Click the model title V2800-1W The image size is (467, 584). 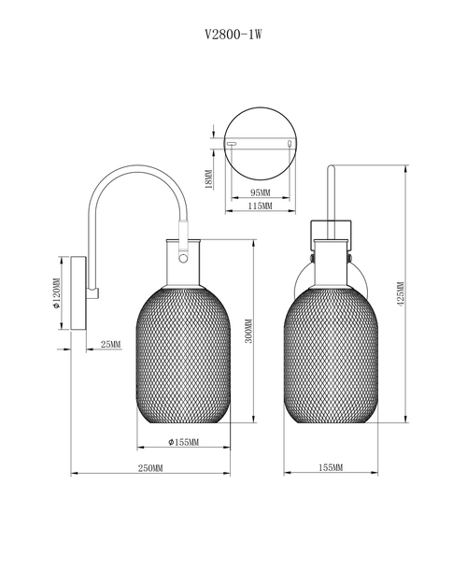click(233, 35)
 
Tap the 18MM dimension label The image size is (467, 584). click(209, 179)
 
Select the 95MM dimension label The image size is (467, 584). click(260, 192)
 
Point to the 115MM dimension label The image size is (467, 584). click(260, 206)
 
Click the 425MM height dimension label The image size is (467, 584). click(401, 293)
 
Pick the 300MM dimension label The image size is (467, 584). click(248, 331)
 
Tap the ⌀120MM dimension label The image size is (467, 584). click(56, 293)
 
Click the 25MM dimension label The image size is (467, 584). click(110, 344)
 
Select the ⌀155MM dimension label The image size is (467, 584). click(184, 442)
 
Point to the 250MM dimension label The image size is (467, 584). click(150, 468)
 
